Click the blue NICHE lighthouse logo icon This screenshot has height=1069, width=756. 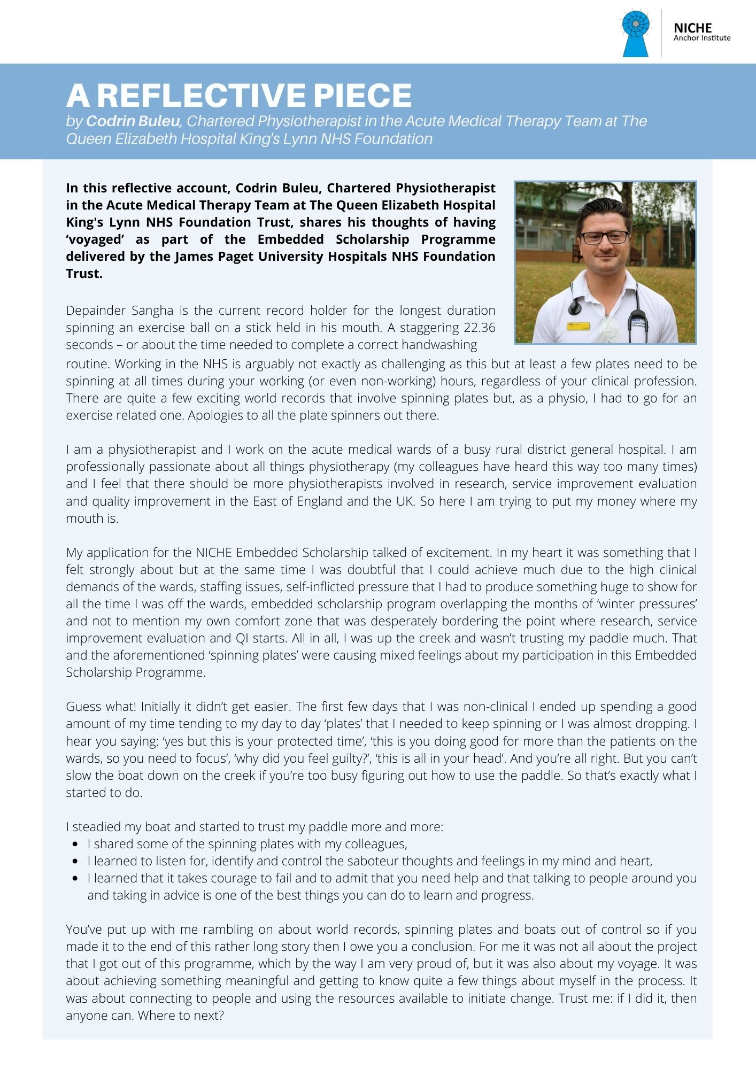(636, 33)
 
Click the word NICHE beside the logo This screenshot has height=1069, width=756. (692, 28)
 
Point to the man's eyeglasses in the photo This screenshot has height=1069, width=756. (605, 237)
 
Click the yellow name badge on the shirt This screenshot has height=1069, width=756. (578, 326)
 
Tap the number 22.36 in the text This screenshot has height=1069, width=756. (476, 327)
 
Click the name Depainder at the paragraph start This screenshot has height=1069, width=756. (95, 311)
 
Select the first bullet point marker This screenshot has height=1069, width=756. (75, 844)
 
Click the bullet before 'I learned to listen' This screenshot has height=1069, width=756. (75, 861)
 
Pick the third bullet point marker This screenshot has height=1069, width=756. (75, 878)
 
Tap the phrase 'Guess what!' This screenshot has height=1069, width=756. (101, 707)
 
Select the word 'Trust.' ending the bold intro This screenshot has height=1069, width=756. (84, 274)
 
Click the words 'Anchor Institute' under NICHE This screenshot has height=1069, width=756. (701, 38)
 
